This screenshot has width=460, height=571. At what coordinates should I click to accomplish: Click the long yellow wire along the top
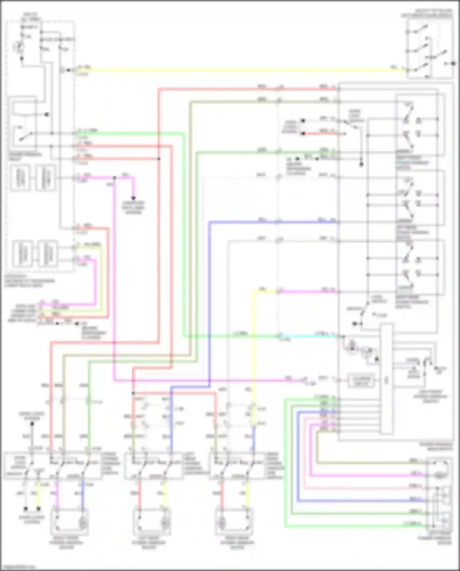(233, 70)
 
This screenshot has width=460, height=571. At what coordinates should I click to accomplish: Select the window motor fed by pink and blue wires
(70, 522)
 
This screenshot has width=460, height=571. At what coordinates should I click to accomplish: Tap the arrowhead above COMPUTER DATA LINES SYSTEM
(133, 198)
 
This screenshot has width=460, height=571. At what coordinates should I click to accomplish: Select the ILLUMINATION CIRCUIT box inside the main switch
(361, 380)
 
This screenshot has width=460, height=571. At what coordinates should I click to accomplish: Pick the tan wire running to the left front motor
(368, 462)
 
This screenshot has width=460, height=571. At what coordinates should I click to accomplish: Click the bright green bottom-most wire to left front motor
(353, 527)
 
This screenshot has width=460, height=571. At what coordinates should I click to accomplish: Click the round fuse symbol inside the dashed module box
(18, 47)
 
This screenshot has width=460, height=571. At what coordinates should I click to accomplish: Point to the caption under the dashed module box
(29, 281)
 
